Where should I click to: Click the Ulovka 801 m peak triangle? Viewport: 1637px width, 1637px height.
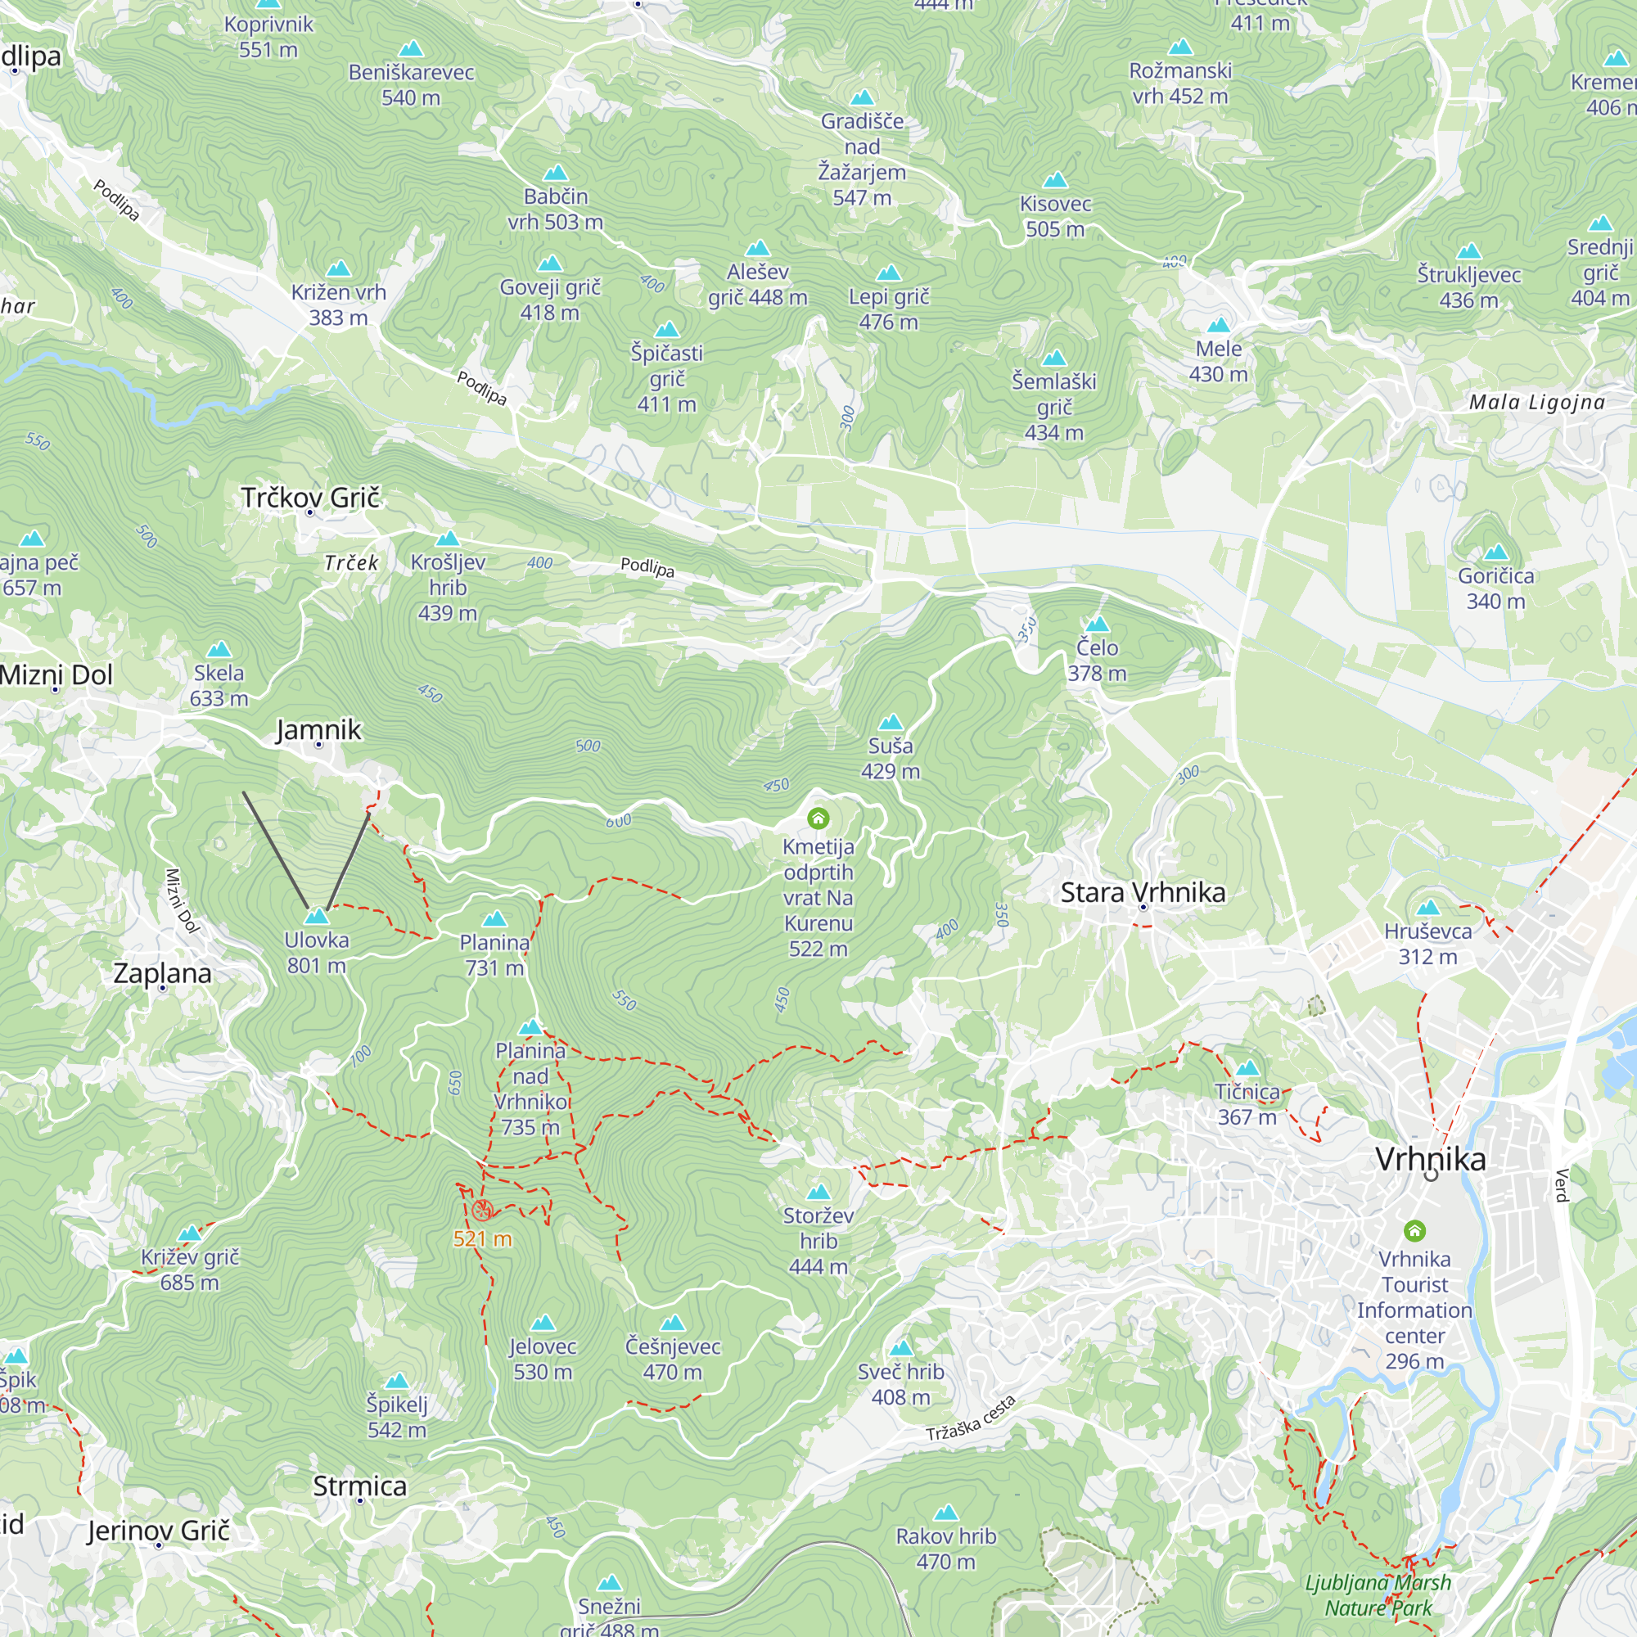pyautogui.click(x=316, y=917)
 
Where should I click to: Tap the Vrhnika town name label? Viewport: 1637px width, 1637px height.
pyautogui.click(x=1429, y=1158)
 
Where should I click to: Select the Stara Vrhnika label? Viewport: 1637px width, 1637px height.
pyautogui.click(x=1142, y=892)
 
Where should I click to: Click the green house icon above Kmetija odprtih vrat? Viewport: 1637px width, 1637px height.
pyautogui.click(x=818, y=818)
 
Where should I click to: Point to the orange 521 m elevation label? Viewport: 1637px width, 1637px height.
pyautogui.click(x=482, y=1238)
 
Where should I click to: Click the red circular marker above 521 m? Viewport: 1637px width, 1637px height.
pyautogui.click(x=483, y=1210)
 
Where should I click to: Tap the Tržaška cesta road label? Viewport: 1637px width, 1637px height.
pyautogui.click(x=970, y=1418)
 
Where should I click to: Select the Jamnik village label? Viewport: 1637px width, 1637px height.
pyautogui.click(x=318, y=729)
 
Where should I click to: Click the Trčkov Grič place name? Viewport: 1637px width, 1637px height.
pyautogui.click(x=310, y=498)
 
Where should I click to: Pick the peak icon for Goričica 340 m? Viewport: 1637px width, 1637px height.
pyautogui.click(x=1495, y=552)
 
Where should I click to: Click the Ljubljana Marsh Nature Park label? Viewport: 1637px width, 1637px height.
pyautogui.click(x=1378, y=1594)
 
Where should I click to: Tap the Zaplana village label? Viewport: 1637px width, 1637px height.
pyautogui.click(x=163, y=972)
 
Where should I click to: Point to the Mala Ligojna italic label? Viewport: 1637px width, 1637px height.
pyautogui.click(x=1536, y=403)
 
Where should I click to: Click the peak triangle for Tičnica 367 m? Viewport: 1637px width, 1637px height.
pyautogui.click(x=1247, y=1068)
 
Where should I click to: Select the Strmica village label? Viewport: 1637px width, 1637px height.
pyautogui.click(x=359, y=1486)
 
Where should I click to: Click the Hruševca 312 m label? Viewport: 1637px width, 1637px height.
pyautogui.click(x=1427, y=943)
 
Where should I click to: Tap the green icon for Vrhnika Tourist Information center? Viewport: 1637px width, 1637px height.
pyautogui.click(x=1414, y=1229)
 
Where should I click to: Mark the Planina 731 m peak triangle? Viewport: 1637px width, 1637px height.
pyautogui.click(x=494, y=919)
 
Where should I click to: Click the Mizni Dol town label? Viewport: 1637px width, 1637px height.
pyautogui.click(x=56, y=674)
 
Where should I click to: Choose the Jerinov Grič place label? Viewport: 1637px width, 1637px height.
pyautogui.click(x=159, y=1531)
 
